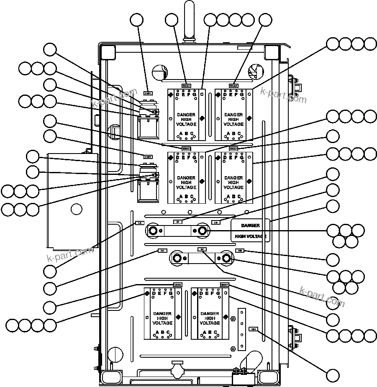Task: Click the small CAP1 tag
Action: (x=147, y=93)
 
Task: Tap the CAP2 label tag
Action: (x=148, y=156)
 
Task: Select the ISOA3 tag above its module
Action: (x=186, y=86)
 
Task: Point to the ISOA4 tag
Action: (x=233, y=86)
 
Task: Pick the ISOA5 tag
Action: (x=186, y=149)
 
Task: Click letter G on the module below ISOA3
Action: (x=194, y=95)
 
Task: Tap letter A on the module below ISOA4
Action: (x=228, y=134)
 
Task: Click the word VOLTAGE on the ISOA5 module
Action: (x=186, y=187)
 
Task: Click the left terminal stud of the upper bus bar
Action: (x=152, y=231)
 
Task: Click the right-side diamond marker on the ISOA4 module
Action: (x=249, y=118)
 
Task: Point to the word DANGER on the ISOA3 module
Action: (x=186, y=115)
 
